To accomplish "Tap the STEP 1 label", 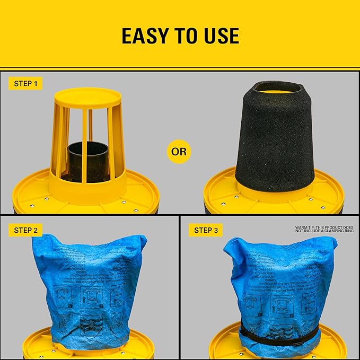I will tap(25, 84).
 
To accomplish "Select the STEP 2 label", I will tap(25, 230).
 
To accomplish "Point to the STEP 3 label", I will tap(206, 230).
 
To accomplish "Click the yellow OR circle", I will tap(179, 152).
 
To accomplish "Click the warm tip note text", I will tap(324, 229).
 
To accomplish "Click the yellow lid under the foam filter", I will tap(223, 191).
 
